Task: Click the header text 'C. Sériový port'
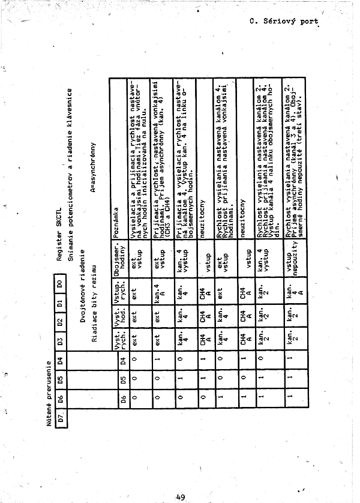[x=284, y=22]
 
